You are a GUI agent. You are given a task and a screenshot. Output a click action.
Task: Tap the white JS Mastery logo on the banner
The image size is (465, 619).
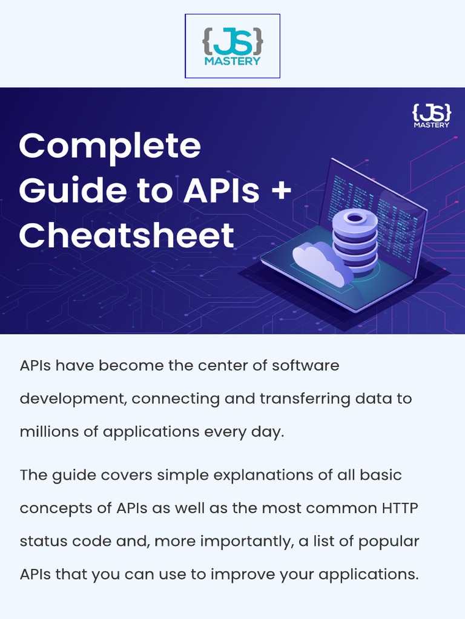point(431,115)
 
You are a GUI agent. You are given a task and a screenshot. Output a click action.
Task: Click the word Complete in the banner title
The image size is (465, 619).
point(110,146)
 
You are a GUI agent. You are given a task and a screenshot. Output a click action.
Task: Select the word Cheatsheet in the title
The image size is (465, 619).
point(126,235)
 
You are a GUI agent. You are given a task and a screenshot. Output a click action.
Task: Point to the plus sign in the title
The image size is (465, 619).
point(280,190)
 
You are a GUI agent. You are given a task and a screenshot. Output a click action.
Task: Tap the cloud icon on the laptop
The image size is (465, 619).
point(322,261)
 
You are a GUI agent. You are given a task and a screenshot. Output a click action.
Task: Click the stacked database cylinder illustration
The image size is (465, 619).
point(355,242)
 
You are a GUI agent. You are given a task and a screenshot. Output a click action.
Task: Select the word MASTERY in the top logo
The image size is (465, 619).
point(232,60)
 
